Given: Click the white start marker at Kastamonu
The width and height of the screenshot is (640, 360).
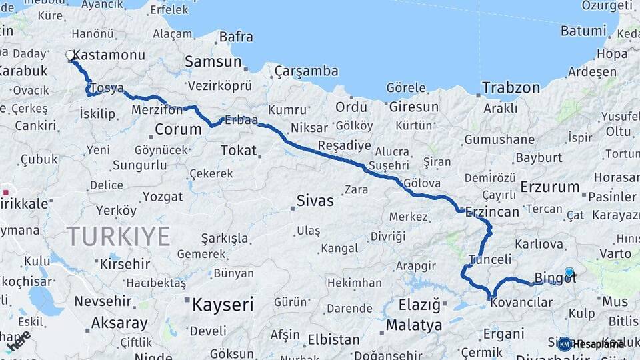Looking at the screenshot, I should [70, 55].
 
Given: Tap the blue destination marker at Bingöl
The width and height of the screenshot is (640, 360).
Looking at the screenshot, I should [569, 272].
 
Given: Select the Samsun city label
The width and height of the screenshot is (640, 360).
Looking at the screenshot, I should [213, 61].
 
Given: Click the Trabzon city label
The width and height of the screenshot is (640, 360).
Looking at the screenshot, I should [511, 87].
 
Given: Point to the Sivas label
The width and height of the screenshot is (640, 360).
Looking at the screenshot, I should [315, 199].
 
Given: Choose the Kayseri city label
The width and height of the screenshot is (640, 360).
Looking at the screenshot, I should [223, 305].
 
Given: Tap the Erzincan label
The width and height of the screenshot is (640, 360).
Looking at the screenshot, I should [492, 211].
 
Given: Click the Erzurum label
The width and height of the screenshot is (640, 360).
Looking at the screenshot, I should [550, 187].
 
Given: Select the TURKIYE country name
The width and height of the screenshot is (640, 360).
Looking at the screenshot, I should [118, 236].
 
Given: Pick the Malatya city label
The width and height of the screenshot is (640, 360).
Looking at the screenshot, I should [414, 325].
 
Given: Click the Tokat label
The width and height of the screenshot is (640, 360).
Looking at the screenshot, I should [238, 150].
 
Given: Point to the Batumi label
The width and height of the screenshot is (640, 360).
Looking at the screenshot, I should [583, 31].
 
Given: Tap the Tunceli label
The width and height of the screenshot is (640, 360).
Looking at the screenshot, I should [490, 259].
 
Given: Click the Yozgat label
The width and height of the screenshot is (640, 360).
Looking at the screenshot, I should [163, 196].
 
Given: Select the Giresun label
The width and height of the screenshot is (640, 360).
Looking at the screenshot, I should [413, 107].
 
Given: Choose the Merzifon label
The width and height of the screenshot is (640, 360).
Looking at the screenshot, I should [157, 110].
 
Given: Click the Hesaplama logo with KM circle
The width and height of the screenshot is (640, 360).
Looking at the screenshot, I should [591, 344].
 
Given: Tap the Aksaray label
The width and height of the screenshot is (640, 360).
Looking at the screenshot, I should [119, 323].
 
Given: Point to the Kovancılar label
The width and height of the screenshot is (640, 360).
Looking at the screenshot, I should [521, 303].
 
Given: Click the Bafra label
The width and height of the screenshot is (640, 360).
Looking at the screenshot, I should [236, 37].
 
